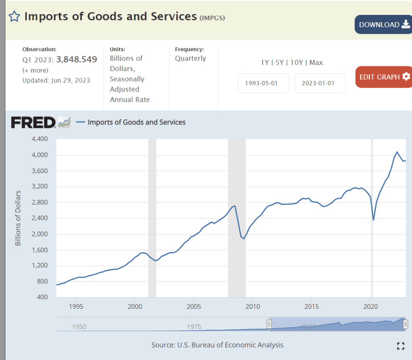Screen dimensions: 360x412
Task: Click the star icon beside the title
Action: [x=14, y=17]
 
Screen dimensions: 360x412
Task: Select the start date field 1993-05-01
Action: [x=263, y=83]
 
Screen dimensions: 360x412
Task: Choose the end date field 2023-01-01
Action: [x=320, y=83]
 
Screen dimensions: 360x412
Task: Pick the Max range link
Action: [x=316, y=62]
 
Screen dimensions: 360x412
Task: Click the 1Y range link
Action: [x=265, y=62]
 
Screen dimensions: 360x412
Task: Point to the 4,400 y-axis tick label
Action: [x=39, y=139]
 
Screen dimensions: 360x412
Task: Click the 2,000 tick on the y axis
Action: [x=39, y=234]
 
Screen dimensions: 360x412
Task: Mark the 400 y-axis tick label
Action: [x=43, y=297]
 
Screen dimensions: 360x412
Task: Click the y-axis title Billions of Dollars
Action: [x=18, y=218]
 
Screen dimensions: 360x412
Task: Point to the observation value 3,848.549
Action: [x=77, y=60]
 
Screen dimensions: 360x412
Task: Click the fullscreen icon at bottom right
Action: [x=400, y=346]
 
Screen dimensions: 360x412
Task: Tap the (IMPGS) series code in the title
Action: [x=212, y=18]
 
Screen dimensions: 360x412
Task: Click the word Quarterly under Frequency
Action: [x=190, y=58]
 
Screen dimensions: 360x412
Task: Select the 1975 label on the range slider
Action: [x=194, y=327]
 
